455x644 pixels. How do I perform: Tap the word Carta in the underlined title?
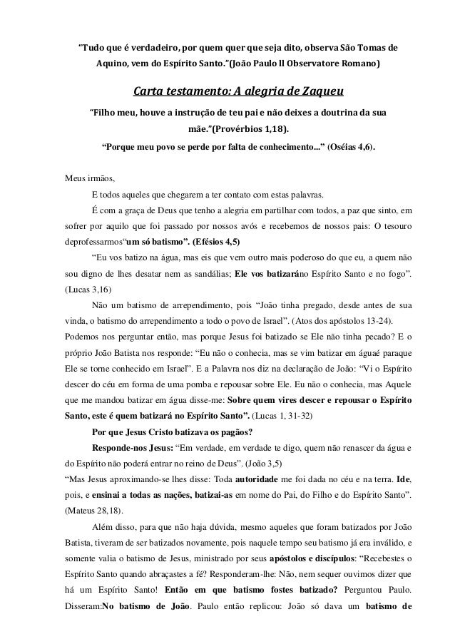pos(151,91)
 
